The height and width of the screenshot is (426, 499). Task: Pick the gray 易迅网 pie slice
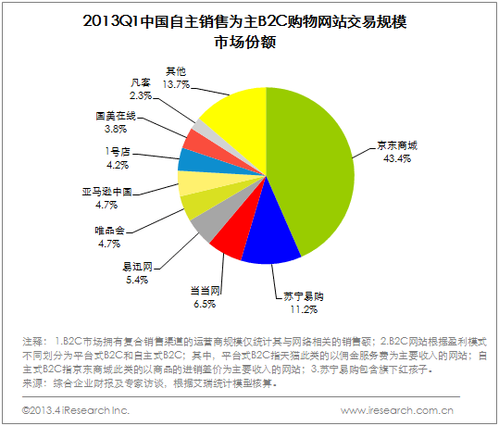pyautogui.click(x=206, y=222)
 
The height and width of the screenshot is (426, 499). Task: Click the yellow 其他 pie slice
pyautogui.click(x=232, y=116)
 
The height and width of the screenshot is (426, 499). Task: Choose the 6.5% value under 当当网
pyautogui.click(x=206, y=301)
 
